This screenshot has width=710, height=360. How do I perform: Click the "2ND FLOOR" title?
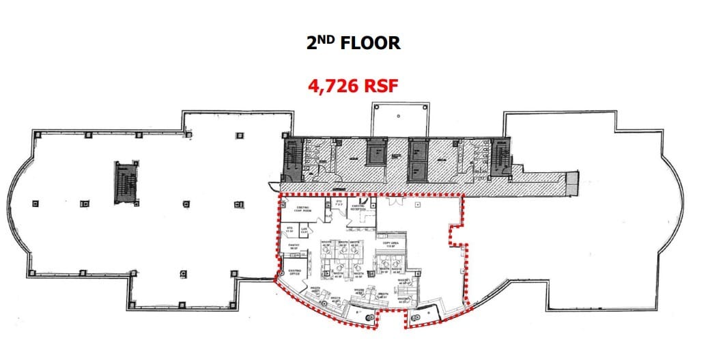353,42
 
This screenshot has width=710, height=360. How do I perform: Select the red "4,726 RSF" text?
354,86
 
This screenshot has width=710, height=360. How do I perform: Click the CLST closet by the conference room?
328,217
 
